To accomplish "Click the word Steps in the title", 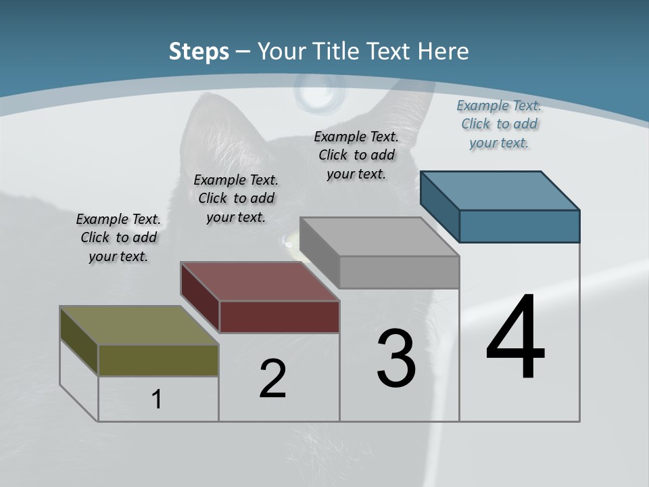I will tap(199, 51).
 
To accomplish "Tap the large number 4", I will tap(515, 338).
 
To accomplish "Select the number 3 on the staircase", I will tap(396, 358).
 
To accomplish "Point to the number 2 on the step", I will tap(272, 379).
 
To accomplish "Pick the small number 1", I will tap(157, 399).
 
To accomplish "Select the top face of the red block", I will tap(260, 281).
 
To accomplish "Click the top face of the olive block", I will tap(139, 325).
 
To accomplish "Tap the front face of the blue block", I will tap(519, 226).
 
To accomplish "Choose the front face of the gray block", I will tap(399, 272).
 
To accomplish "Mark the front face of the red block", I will tap(279, 317).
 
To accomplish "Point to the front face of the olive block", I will tap(158, 360).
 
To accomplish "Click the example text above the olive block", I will tap(118, 238).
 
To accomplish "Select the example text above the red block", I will tap(236, 198).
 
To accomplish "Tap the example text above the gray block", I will tap(356, 155).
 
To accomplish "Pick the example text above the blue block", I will tap(499, 124).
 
